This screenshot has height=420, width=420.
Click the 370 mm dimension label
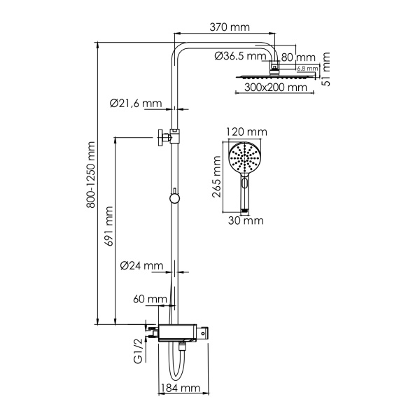point(229,27)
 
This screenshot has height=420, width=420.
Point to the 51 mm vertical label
point(326,72)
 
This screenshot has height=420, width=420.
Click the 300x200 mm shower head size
point(276,88)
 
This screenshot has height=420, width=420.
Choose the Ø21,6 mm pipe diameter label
point(136,104)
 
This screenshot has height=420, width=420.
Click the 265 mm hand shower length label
point(218,178)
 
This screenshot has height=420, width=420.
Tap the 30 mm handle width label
point(246,220)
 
